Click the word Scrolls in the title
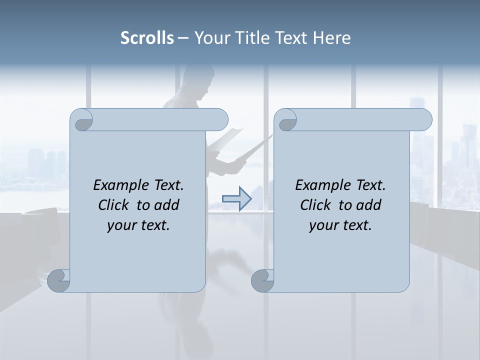coord(147,38)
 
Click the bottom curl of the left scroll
coord(59,281)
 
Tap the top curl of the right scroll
coord(286,120)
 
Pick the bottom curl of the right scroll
coord(262,281)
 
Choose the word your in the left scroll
coord(122,225)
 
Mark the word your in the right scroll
coord(324,225)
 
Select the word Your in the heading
coord(209,38)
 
